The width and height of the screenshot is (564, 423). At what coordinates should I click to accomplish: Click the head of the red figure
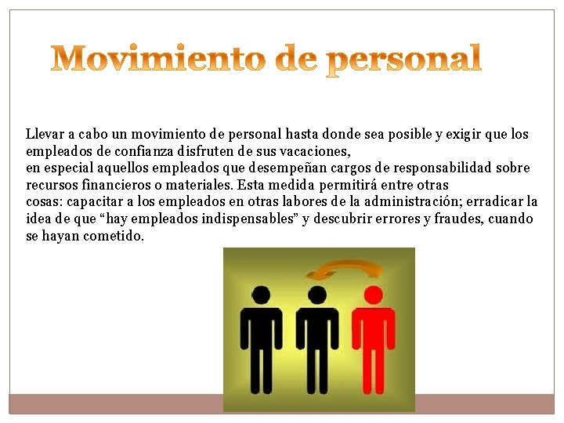point(374,295)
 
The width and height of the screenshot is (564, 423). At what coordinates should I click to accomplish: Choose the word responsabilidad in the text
point(439,168)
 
